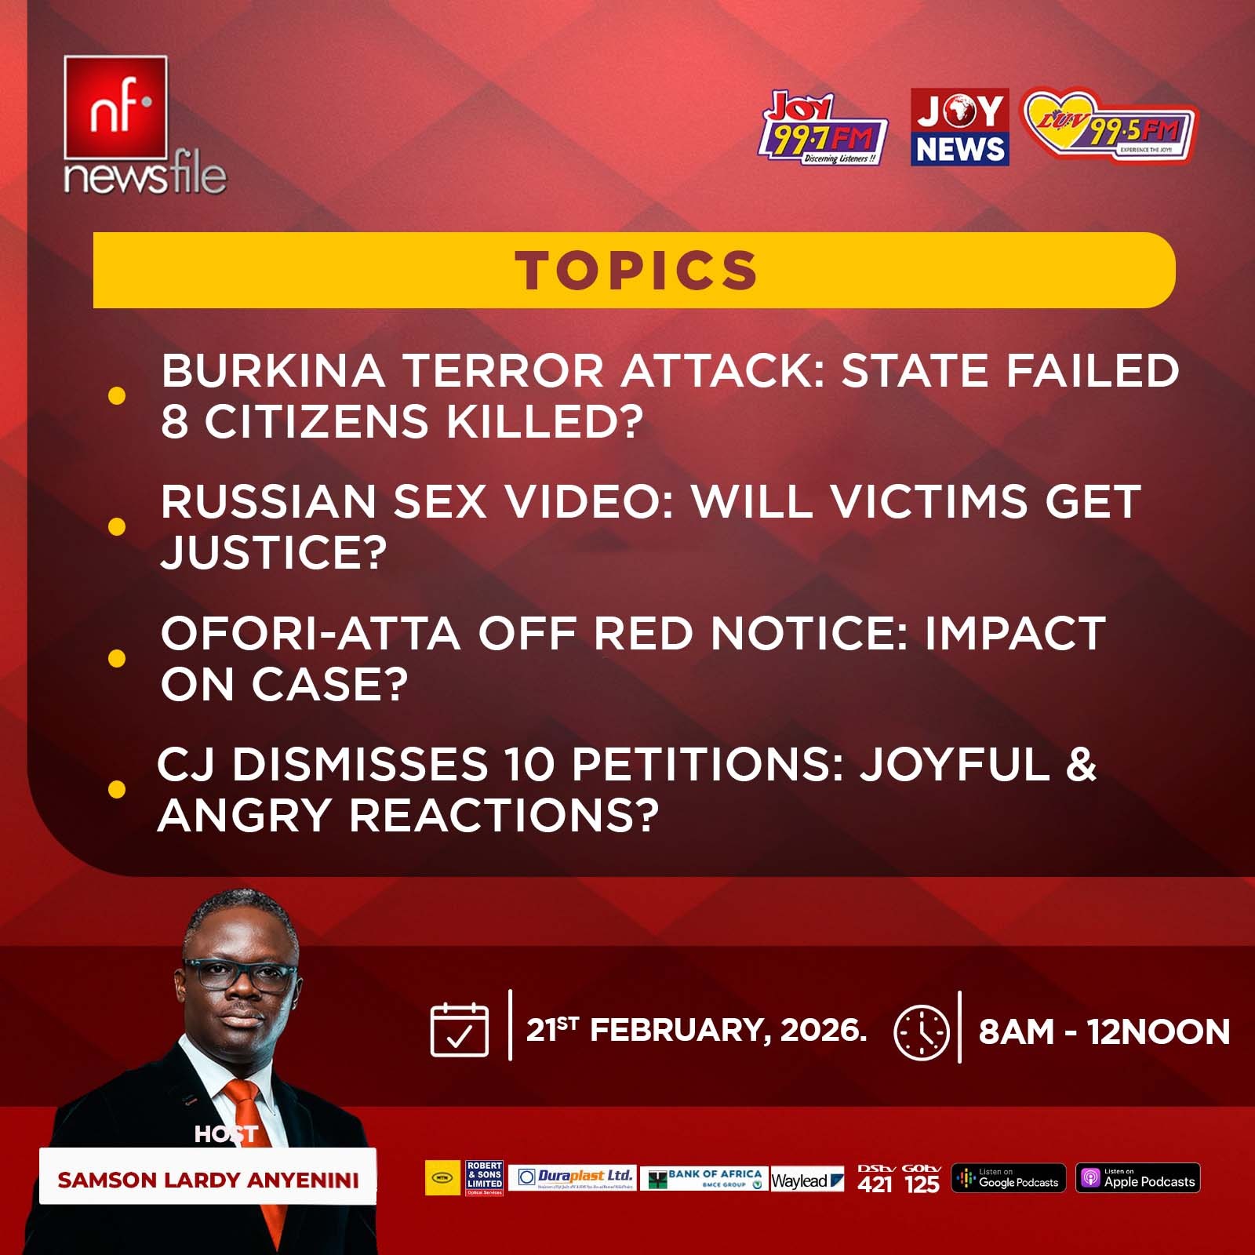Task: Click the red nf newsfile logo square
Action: (115, 107)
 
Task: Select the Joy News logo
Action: (959, 127)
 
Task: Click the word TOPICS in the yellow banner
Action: (636, 271)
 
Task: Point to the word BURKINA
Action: (273, 370)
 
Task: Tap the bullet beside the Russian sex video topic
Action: (117, 526)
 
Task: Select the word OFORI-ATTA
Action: (310, 634)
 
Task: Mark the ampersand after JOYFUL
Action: (1081, 765)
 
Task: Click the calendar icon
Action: (460, 1030)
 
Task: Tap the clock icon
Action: (922, 1032)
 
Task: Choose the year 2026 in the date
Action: (824, 1030)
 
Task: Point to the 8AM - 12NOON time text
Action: (1104, 1032)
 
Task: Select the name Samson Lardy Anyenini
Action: (208, 1180)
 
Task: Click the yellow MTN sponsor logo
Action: (442, 1178)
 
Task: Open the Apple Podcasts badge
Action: (1137, 1178)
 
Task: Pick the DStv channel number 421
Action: (875, 1184)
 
